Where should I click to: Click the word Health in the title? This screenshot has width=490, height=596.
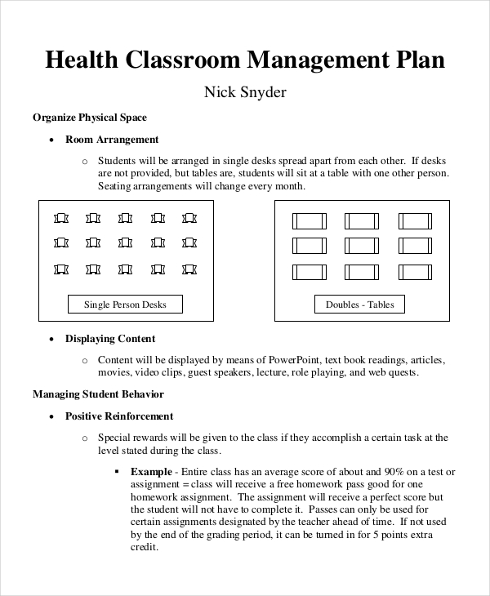coord(82,61)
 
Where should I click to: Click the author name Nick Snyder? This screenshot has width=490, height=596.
coord(244,92)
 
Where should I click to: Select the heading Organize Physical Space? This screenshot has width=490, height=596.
coord(90,118)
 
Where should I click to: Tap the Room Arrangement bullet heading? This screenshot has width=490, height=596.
coord(112,140)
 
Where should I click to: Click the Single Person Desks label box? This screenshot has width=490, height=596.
coord(125,305)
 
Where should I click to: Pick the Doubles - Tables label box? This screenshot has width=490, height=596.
coord(359,305)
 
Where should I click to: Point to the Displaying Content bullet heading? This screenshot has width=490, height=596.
coord(110,339)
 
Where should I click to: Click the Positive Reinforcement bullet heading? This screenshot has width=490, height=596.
coord(119,416)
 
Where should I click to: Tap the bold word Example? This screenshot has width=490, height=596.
coord(151,472)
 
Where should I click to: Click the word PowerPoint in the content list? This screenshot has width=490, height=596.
coord(290,359)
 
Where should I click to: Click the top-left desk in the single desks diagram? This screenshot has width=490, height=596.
coord(62,219)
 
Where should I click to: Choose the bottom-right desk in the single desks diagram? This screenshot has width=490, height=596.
coord(189,269)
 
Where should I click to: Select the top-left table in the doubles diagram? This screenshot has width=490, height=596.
coord(308,220)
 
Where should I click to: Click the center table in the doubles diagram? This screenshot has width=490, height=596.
coord(361,246)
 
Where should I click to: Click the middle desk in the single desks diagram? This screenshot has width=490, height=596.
coord(126,243)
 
